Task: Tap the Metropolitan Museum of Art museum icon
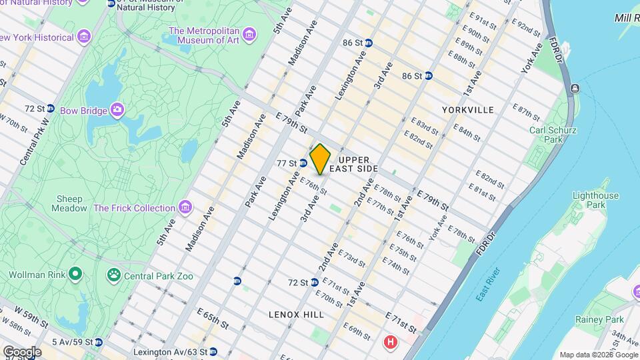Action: [249, 33]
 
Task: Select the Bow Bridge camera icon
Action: [118, 109]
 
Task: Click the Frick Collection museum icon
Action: [185, 208]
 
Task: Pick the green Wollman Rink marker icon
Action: [75, 274]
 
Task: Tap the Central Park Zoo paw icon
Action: [114, 274]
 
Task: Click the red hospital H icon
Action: [390, 342]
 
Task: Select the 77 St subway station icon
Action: [303, 163]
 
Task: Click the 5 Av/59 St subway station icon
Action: [99, 343]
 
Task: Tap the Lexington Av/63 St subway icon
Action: [213, 351]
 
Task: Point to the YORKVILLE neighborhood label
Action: [468, 109]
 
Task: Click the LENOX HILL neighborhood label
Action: [296, 314]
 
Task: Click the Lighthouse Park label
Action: [595, 201]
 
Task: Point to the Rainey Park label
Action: [601, 320]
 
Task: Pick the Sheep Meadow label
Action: [69, 203]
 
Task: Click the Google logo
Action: [21, 351]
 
